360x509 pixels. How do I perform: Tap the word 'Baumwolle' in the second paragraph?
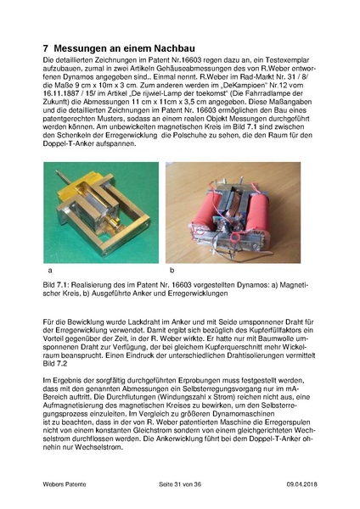coord(269,338)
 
